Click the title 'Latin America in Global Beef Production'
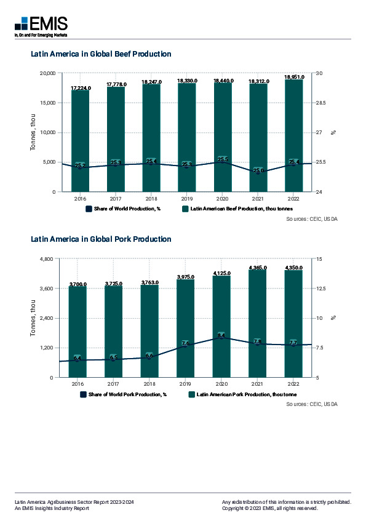[101, 54]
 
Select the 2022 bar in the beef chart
[293, 135]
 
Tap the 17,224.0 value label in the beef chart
[81, 88]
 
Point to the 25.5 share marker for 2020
[223, 160]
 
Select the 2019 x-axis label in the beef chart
[187, 199]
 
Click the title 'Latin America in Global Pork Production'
[101, 239]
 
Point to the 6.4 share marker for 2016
[78, 358]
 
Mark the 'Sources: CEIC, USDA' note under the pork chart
[312, 404]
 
